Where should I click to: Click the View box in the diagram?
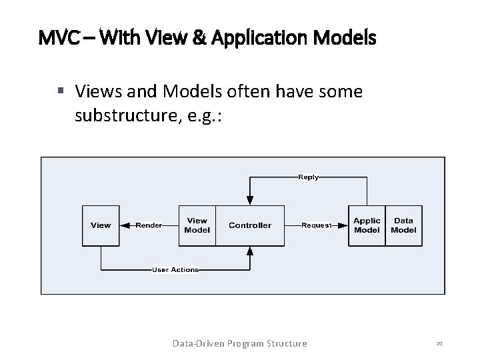point(101,225)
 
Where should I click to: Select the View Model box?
point(197,225)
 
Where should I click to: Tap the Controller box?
point(250,225)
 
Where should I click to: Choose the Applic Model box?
point(367,225)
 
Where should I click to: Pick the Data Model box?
point(403,225)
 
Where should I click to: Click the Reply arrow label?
point(307,177)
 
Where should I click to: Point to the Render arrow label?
point(149,225)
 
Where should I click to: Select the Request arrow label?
point(316,225)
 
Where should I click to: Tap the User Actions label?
point(175,269)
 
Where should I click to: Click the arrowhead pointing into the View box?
point(125,225)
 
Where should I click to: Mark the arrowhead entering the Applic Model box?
point(345,225)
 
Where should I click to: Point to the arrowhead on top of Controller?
point(250,199)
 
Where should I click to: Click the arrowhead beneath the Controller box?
point(250,251)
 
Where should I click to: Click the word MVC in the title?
point(57,38)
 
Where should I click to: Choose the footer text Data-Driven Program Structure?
point(239,343)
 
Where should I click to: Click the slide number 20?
point(439,343)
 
